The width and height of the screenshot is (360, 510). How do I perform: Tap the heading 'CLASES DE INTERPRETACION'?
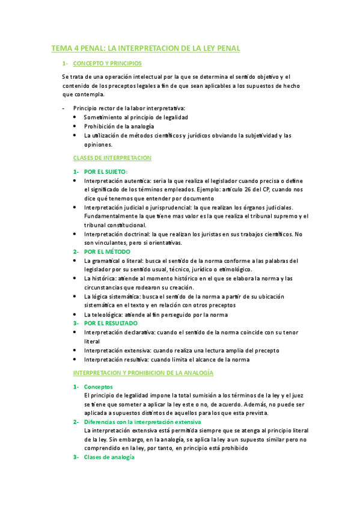pos(112,158)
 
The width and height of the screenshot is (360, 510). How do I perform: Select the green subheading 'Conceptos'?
pos(98,387)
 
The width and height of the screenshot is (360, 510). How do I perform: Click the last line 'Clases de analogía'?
pos(109,457)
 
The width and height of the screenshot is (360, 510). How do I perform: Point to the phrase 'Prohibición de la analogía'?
pos(119,126)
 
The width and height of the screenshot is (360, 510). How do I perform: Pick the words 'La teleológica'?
pos(102,315)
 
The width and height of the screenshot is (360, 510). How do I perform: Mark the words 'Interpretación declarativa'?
pos(118,332)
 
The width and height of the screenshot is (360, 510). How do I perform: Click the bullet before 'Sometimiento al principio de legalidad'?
pos(75,117)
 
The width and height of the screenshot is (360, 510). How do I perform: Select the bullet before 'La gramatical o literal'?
pos(75,261)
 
